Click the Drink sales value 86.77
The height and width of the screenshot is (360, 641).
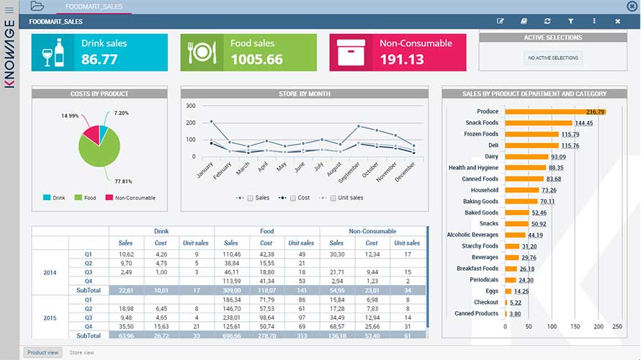click(x=99, y=60)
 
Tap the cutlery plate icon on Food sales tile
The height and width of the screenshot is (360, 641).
click(x=202, y=53)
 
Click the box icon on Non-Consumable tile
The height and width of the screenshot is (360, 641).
click(x=351, y=53)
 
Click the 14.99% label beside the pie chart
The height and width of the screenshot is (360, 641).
click(x=70, y=116)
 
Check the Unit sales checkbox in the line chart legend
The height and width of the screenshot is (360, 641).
click(x=333, y=198)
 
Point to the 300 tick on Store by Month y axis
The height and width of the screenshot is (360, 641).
click(x=191, y=106)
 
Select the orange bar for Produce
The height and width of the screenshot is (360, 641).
click(x=555, y=112)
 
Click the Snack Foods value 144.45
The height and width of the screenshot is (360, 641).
click(x=584, y=123)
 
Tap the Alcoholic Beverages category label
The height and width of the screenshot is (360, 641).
click(x=472, y=235)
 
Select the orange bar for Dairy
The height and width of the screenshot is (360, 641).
click(x=526, y=156)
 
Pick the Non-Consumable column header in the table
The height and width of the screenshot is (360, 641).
click(x=372, y=231)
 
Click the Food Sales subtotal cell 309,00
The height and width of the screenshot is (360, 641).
click(x=231, y=290)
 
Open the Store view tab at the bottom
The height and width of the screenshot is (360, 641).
click(x=81, y=353)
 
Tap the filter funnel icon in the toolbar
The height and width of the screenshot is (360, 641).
click(x=570, y=22)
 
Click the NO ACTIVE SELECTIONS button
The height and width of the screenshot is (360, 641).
click(x=552, y=58)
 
